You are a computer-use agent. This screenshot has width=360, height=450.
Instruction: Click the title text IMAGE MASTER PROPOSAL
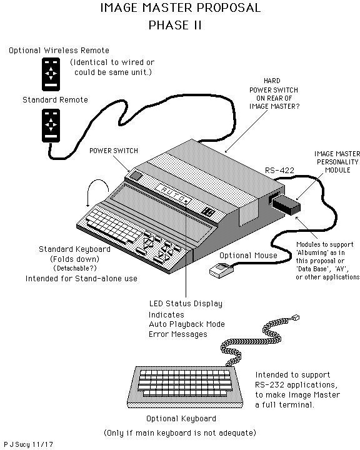click(x=181, y=9)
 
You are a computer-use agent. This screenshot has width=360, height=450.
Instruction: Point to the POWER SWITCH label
click(x=113, y=151)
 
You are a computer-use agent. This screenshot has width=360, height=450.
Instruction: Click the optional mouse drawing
click(x=221, y=269)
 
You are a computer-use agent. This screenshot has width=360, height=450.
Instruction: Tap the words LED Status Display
click(x=185, y=304)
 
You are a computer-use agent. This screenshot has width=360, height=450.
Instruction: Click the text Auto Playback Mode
click(x=186, y=324)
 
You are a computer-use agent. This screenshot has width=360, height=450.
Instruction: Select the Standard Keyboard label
click(x=74, y=249)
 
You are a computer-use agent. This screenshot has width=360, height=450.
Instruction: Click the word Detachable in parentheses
click(x=74, y=268)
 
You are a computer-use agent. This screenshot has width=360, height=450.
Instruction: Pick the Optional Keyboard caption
click(x=181, y=418)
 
